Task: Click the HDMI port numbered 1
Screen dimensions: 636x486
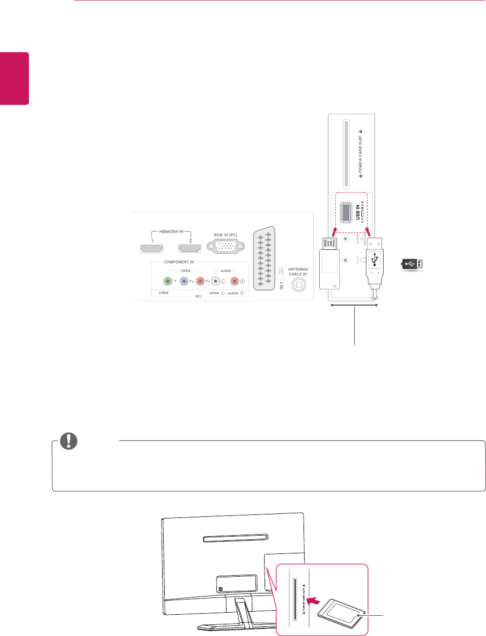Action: point(152,248)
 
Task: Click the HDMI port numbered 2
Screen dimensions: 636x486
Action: point(190,248)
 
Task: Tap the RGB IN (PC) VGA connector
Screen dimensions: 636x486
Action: point(226,248)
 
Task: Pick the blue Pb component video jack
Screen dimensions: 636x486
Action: point(184,281)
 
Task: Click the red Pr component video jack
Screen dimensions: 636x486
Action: point(201,281)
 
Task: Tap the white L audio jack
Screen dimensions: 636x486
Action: point(216,281)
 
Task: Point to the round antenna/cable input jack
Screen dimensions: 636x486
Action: point(298,285)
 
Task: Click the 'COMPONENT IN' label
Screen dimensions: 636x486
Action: point(178,262)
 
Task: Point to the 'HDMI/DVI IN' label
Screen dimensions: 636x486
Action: point(171,232)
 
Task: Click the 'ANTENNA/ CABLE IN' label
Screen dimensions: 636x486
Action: point(298,271)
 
